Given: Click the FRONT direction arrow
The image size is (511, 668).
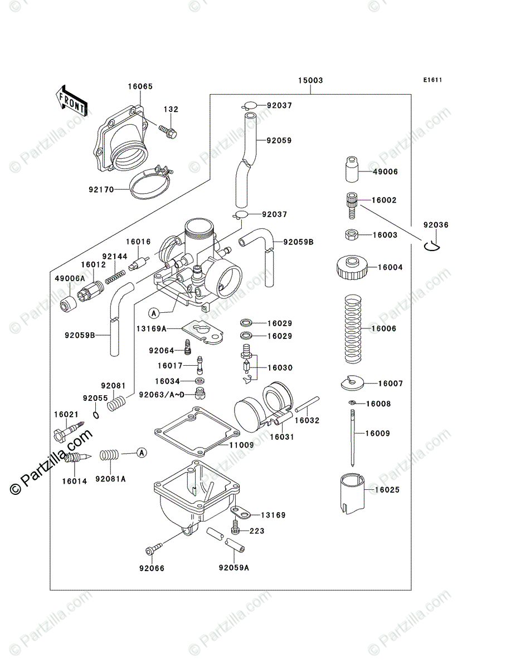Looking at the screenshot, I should point(71,99).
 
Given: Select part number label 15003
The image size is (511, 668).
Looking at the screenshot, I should point(310,81).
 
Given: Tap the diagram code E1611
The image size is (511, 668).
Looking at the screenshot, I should point(432,80).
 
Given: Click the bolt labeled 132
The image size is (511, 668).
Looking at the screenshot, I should point(167,131).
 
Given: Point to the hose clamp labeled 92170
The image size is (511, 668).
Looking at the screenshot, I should point(150,184).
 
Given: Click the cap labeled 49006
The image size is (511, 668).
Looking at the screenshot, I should point(349,170).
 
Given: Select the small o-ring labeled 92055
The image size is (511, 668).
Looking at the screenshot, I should point(96,415).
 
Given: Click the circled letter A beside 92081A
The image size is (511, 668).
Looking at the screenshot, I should point(142,453).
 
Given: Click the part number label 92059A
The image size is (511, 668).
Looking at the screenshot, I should point(233,568).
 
